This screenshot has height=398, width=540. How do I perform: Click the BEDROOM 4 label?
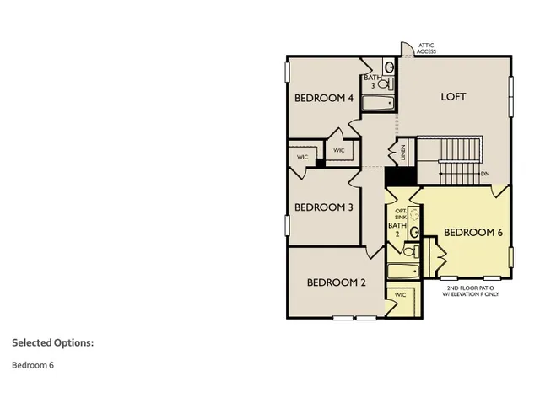[323, 98]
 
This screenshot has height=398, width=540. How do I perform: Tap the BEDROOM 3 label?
[323, 207]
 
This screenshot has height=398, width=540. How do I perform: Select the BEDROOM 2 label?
[336, 282]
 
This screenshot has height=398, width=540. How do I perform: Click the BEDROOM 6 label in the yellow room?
[473, 233]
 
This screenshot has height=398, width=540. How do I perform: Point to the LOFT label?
[453, 97]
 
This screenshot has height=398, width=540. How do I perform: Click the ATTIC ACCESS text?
[427, 48]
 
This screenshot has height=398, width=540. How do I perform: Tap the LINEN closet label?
[403, 153]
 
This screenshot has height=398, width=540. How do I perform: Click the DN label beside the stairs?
[485, 175]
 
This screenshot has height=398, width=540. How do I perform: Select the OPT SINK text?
[400, 213]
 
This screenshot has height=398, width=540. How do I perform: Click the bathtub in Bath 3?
[379, 104]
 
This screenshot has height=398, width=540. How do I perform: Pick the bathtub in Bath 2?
[403, 272]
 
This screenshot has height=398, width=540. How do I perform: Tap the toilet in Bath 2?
[409, 250]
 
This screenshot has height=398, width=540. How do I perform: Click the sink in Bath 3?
[389, 67]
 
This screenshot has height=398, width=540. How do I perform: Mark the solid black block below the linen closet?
[400, 177]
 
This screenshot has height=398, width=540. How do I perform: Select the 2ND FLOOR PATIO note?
[472, 290]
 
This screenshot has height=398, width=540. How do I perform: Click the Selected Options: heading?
[52, 342]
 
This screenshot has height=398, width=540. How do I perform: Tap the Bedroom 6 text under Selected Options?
[33, 365]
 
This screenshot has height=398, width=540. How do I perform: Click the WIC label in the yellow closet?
[400, 295]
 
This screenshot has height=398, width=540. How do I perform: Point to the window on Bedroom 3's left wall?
[287, 226]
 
